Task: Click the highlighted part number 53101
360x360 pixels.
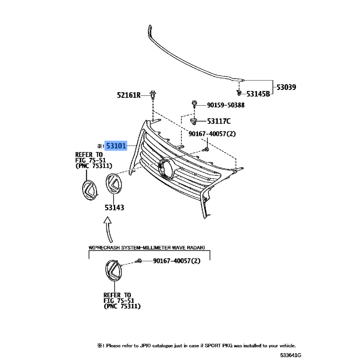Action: click(117, 146)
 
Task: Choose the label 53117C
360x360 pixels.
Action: click(219, 121)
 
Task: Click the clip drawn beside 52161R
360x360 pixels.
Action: click(154, 95)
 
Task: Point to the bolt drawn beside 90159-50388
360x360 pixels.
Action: click(194, 105)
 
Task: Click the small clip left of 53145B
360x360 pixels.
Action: click(238, 93)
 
